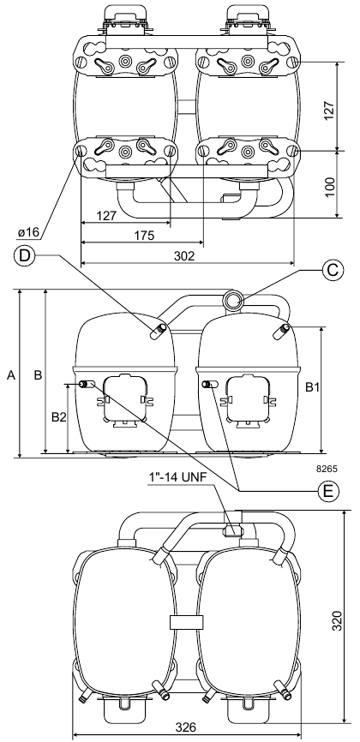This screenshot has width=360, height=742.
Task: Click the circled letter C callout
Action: (x=333, y=270)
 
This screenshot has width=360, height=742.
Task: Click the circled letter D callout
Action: (x=25, y=255)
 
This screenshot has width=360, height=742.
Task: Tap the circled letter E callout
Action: (x=327, y=491)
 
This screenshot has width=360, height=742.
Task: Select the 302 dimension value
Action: (x=183, y=256)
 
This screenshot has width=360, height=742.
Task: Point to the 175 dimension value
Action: (x=144, y=236)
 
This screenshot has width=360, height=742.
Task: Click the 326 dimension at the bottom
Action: (x=186, y=727)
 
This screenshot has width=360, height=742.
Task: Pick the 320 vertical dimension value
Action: (x=337, y=620)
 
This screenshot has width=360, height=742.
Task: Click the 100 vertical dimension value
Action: (x=331, y=188)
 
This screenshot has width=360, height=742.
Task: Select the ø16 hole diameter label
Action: (x=28, y=233)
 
